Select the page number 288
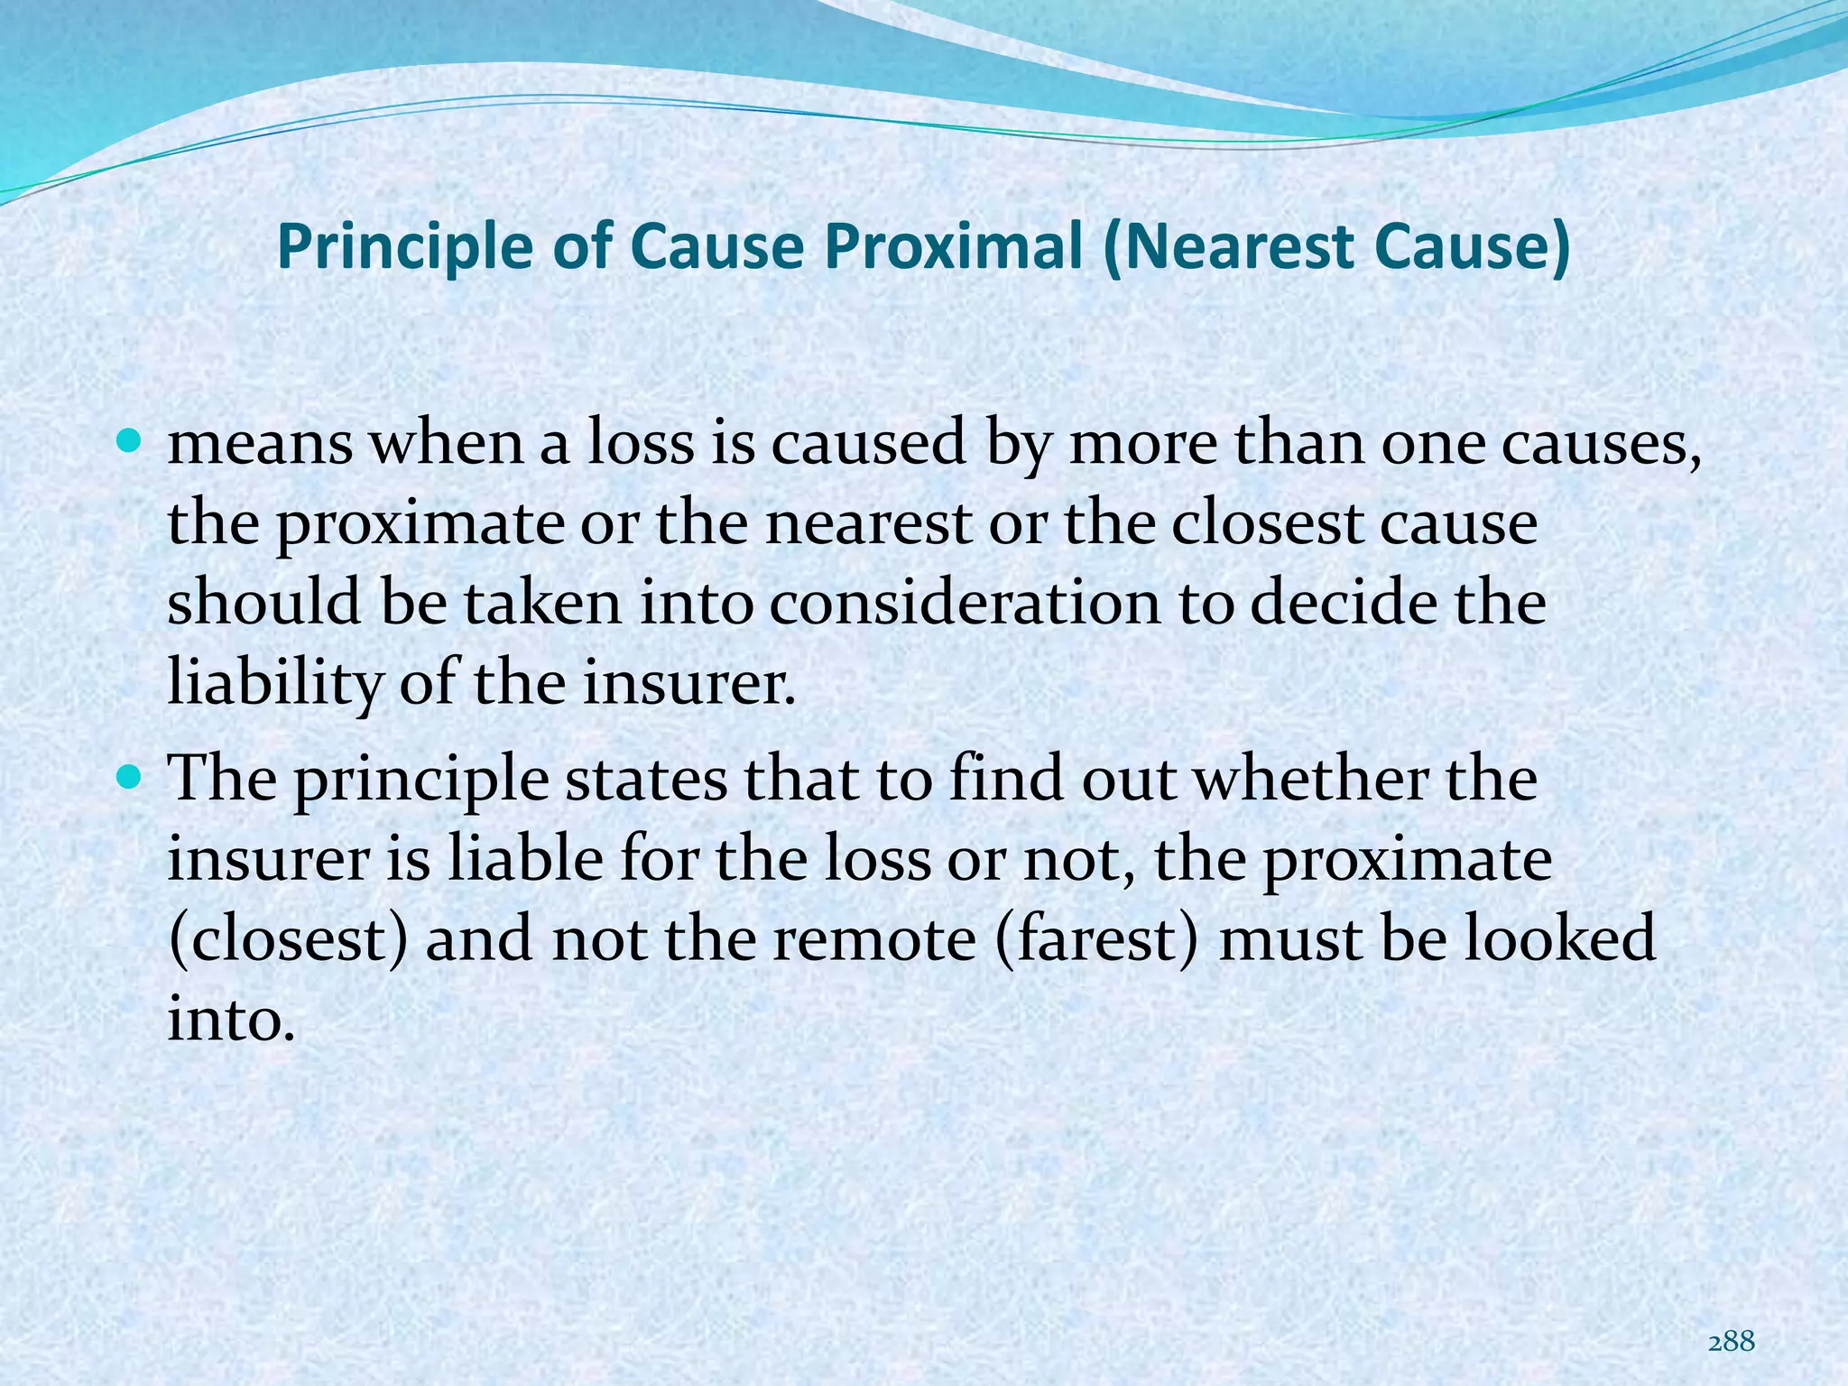1732,1342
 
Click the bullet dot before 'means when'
129,442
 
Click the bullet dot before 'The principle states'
129,775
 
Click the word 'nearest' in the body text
867,523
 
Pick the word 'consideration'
964,603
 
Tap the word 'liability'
275,683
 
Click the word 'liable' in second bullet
525,858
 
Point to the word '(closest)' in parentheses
288,938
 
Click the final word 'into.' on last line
232,1019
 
